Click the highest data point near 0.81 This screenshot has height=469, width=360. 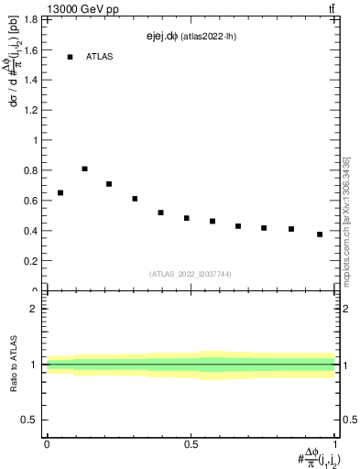85,169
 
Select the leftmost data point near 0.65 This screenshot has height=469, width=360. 60,192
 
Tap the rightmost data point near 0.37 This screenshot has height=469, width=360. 320,234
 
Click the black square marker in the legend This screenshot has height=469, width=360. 70,57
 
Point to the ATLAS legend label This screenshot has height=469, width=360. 100,57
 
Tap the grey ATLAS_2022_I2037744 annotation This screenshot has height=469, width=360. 191,274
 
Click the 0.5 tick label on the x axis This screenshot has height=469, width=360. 191,443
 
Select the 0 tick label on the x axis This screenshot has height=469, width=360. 47,443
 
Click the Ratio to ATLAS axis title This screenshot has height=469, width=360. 13,365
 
